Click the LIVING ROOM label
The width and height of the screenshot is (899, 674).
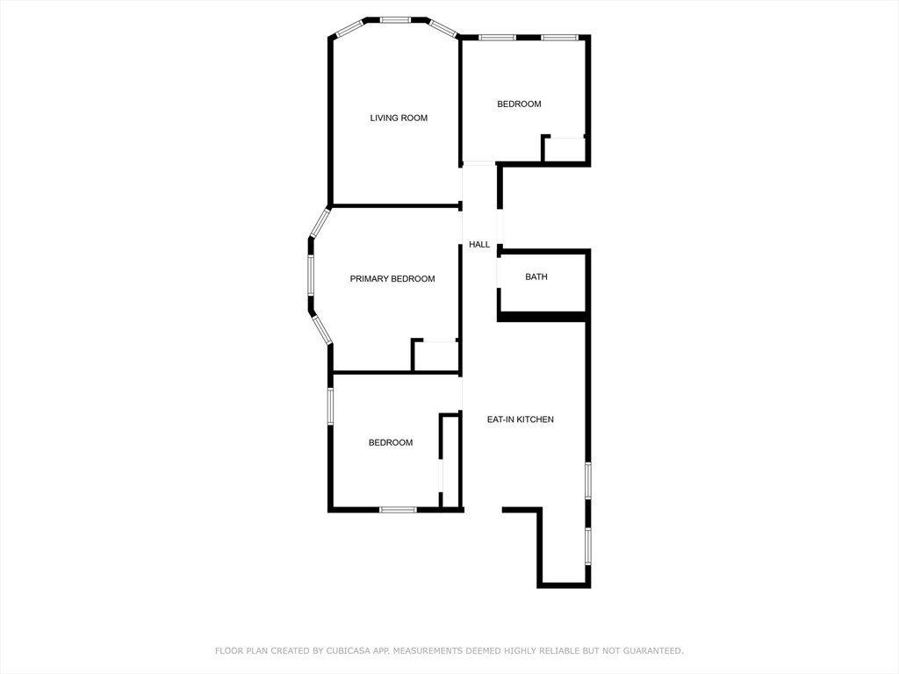click(x=399, y=118)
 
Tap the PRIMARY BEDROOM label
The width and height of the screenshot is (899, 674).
click(x=392, y=279)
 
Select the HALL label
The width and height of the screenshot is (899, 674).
click(x=479, y=245)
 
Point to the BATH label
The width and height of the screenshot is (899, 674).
click(x=536, y=277)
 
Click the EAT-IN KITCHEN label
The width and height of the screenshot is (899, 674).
click(x=521, y=419)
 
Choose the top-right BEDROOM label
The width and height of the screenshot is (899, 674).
click(x=519, y=104)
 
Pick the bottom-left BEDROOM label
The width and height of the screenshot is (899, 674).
click(x=390, y=443)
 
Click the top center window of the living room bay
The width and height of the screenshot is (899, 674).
click(x=395, y=19)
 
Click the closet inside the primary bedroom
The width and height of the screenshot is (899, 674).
click(x=436, y=355)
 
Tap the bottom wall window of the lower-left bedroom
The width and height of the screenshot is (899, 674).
click(x=398, y=509)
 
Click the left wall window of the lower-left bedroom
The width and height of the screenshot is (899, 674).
click(x=330, y=406)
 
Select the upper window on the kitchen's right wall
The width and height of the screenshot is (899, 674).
click(x=588, y=480)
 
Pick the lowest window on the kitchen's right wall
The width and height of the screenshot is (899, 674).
click(x=588, y=544)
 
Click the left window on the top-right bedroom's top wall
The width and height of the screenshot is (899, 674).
click(x=497, y=38)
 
